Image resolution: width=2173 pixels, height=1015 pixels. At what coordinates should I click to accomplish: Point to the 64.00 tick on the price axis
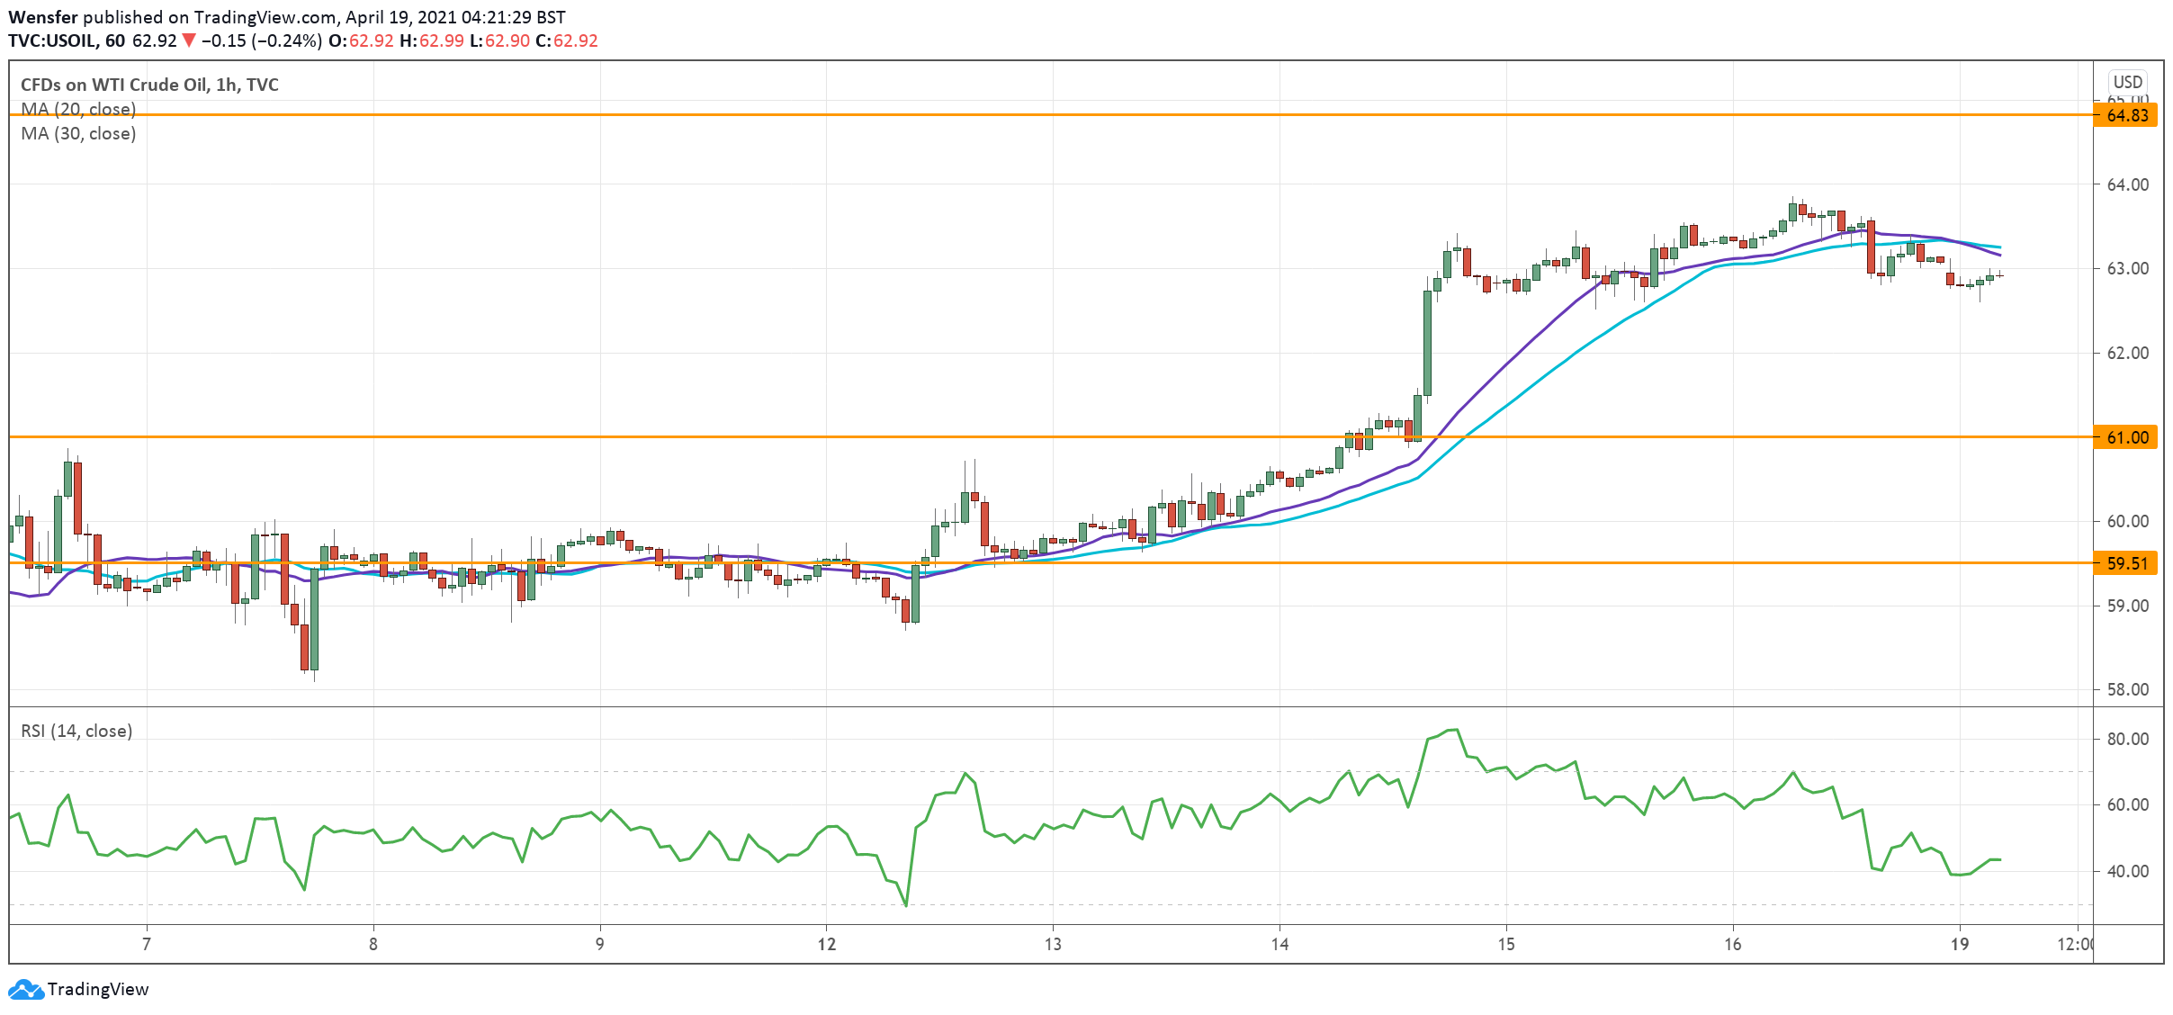point(2127,184)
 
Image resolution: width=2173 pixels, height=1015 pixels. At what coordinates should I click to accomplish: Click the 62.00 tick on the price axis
point(2127,353)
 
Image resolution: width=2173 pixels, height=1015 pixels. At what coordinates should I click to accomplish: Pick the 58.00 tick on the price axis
point(2127,689)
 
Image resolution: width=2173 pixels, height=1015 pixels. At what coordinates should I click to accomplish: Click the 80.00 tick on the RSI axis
point(2127,739)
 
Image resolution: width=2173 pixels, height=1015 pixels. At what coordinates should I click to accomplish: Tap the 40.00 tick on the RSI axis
point(2127,871)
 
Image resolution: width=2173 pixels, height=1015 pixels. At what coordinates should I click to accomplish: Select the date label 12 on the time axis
point(826,944)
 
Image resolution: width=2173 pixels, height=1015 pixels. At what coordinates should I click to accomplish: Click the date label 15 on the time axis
point(1506,944)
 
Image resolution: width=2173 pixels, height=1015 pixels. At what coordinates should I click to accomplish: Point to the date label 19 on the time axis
point(1960,944)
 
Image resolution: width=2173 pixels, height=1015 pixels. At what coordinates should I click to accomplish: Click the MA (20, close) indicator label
point(78,109)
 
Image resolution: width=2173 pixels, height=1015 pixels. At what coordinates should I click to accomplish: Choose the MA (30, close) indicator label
point(78,133)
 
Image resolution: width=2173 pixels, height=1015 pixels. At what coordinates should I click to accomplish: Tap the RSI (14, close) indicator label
point(76,731)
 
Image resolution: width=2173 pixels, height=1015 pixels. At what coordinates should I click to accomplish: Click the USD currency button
point(2128,82)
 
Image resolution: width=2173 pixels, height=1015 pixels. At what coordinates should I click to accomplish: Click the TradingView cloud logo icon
point(25,990)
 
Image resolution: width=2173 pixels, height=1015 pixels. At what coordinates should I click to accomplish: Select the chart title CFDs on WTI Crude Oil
point(149,85)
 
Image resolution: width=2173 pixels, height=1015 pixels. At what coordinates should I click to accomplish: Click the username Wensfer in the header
point(43,17)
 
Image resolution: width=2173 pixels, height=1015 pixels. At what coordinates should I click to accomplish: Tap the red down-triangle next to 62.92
point(188,40)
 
